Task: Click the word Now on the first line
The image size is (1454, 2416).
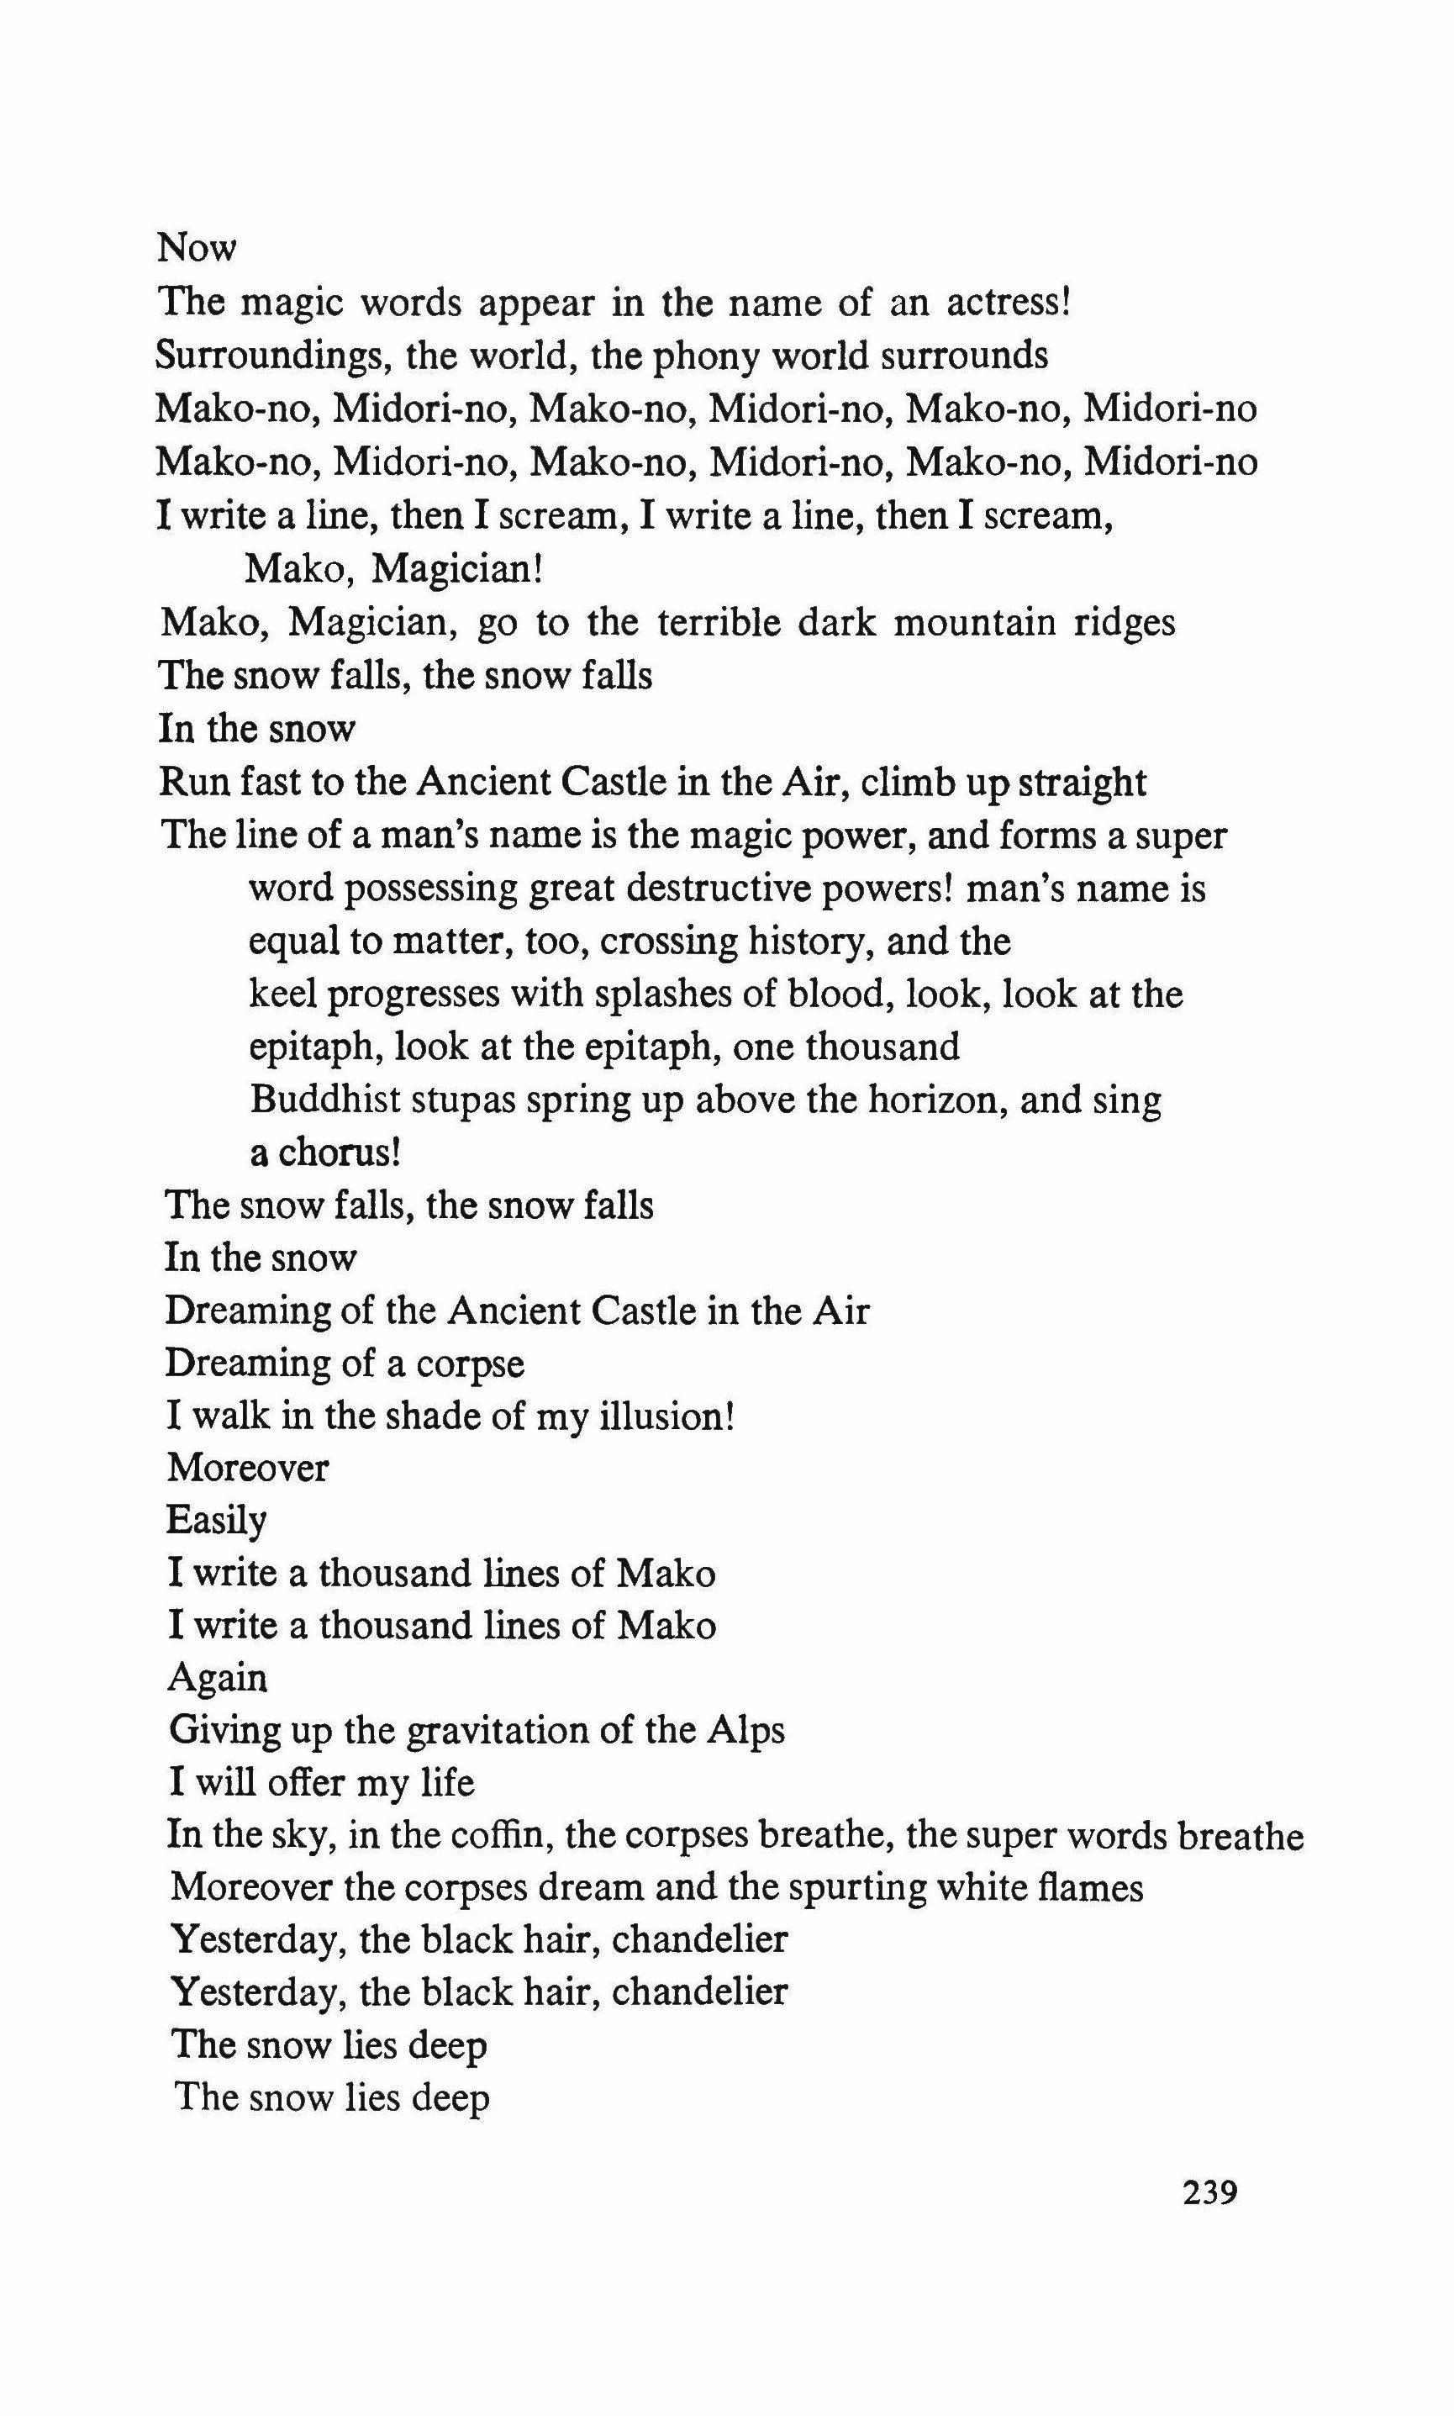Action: (x=197, y=248)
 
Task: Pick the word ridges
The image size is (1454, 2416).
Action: (x=1123, y=624)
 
